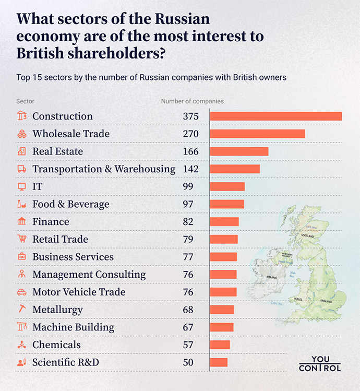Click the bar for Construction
[275, 116]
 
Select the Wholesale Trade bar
[257, 134]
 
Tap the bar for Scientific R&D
[219, 362]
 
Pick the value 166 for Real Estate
[190, 151]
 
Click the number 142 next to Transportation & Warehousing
[190, 169]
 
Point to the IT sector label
[38, 186]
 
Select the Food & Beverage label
[71, 204]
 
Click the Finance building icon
[22, 222]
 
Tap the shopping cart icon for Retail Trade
[22, 239]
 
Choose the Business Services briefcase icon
[22, 257]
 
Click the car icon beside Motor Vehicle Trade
[22, 292]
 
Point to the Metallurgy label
[57, 310]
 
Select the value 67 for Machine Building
[188, 327]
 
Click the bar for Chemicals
[220, 345]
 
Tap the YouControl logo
[320, 364]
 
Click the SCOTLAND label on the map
[308, 236]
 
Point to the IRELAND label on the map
[271, 278]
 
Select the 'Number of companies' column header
[192, 101]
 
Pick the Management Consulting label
[89, 275]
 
